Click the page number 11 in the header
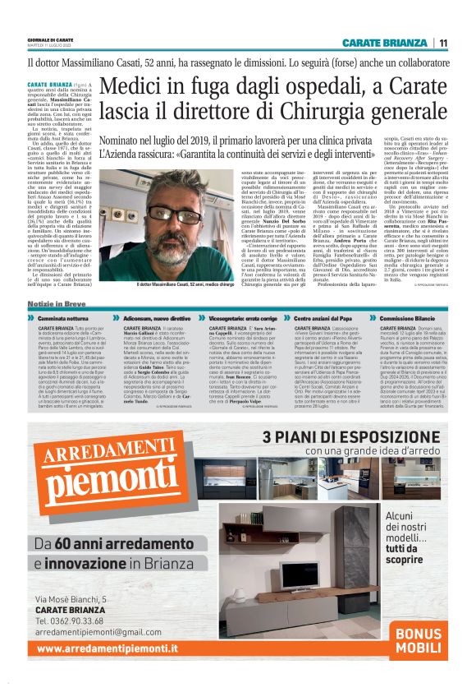click(443, 44)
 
